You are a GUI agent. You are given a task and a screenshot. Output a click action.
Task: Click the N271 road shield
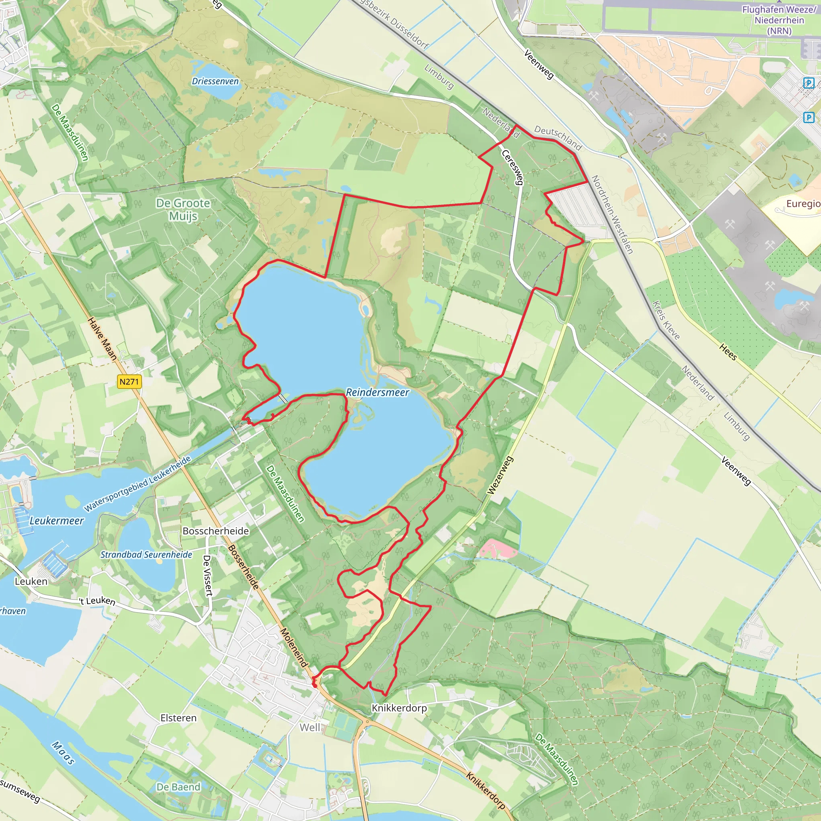tap(129, 382)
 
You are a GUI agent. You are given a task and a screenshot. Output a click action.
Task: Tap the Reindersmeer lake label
tap(377, 392)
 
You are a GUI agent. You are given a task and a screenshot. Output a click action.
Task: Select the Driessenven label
tap(215, 81)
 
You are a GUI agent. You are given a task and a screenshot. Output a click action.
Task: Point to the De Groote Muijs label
tap(183, 210)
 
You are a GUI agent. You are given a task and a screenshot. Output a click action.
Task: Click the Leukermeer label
tap(57, 521)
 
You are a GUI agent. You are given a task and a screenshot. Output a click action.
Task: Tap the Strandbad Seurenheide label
tap(146, 554)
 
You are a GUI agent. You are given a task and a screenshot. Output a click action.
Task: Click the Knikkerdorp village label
tap(399, 708)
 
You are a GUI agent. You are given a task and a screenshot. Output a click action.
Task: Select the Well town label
tap(310, 728)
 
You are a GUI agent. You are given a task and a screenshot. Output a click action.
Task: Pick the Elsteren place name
tap(178, 718)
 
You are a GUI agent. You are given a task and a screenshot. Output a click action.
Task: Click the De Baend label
tap(178, 787)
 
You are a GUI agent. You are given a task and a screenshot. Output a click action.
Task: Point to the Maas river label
tap(64, 752)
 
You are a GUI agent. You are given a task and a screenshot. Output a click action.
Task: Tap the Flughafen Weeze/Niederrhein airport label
tap(779, 20)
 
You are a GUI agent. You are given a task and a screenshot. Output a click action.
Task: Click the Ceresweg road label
tap(512, 167)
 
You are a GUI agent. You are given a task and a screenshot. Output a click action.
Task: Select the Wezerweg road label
tap(500, 475)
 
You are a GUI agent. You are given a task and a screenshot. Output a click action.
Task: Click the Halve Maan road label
tap(102, 339)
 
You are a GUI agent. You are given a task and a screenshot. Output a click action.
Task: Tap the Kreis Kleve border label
tap(666, 320)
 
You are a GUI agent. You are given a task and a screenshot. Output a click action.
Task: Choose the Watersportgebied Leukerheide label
tap(137, 484)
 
